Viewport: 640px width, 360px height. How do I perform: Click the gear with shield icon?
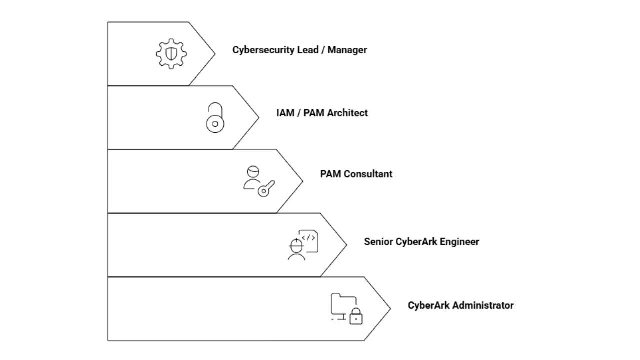(x=171, y=53)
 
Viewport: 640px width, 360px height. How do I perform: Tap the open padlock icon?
(x=215, y=118)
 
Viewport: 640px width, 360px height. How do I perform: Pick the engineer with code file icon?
(x=303, y=245)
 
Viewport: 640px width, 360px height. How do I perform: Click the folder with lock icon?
(x=346, y=309)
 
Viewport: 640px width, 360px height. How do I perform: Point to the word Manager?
(x=347, y=50)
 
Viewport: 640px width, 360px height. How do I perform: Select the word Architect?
(x=347, y=113)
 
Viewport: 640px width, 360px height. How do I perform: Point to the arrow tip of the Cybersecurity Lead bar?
(x=214, y=53)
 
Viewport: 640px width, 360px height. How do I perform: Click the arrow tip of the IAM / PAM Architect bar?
(x=258, y=117)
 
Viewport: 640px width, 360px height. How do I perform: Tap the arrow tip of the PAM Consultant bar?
(x=302, y=181)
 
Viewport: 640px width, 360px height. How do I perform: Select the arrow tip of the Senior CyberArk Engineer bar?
(x=345, y=245)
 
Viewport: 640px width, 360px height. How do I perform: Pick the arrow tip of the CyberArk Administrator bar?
(x=389, y=309)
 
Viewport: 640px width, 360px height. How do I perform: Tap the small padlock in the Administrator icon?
(x=356, y=317)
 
